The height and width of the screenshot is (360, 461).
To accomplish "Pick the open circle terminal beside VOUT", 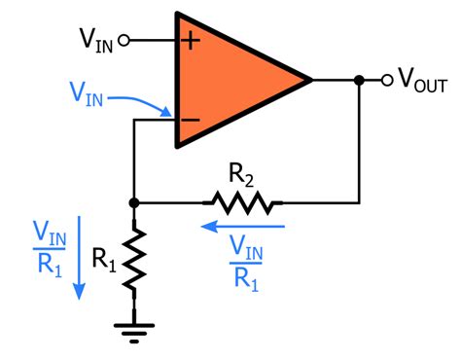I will pyautogui.click(x=385, y=80).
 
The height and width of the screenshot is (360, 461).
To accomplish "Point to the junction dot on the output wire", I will pyautogui.click(x=360, y=80).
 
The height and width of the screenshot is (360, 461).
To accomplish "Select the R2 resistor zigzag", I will pyautogui.click(x=242, y=203).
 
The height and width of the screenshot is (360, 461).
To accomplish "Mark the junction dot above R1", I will pyautogui.click(x=134, y=203).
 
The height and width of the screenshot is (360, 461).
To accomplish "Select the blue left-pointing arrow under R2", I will pyautogui.click(x=242, y=226).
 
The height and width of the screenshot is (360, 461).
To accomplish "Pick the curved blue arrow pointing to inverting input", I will pyautogui.click(x=146, y=104).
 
